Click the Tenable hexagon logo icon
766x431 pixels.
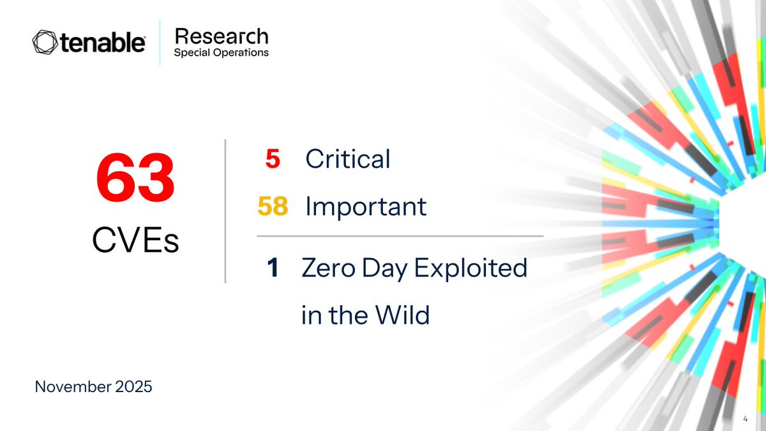click(45, 43)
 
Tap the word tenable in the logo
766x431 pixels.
click(103, 43)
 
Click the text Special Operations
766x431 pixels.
click(221, 53)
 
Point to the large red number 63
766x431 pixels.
click(135, 181)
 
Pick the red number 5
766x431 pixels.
click(273, 159)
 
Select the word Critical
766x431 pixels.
click(347, 159)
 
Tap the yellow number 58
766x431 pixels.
click(273, 206)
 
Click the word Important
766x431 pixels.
click(366, 206)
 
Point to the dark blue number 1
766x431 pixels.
click(273, 269)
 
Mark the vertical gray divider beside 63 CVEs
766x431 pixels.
click(225, 211)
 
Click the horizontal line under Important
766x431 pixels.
click(400, 236)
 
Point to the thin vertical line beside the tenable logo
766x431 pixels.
click(160, 43)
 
